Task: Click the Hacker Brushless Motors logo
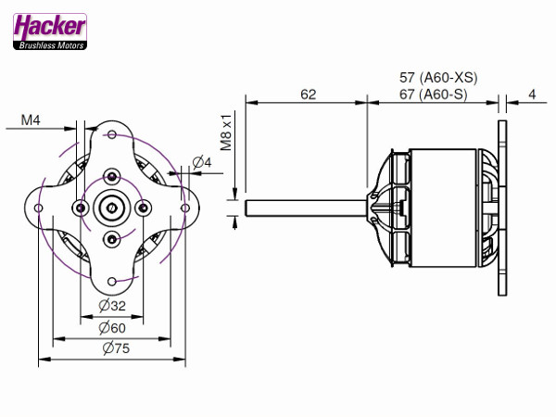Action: [x=50, y=32]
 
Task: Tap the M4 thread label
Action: [x=31, y=120]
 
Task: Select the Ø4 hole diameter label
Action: [x=202, y=162]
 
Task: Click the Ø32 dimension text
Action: [x=112, y=305]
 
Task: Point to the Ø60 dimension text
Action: [x=112, y=328]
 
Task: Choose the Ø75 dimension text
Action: [x=117, y=348]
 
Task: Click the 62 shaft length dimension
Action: [x=309, y=95]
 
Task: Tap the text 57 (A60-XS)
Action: [x=438, y=78]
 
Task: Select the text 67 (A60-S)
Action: [x=434, y=95]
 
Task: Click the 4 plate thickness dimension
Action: [x=532, y=95]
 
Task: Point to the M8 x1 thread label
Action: [x=226, y=133]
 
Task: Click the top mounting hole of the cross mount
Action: [x=112, y=134]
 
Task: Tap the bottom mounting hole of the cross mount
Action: [x=112, y=282]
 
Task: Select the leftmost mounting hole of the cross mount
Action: [x=38, y=208]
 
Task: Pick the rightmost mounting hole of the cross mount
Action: [x=185, y=208]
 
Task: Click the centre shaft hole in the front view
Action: [x=112, y=208]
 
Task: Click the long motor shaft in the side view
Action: [x=307, y=208]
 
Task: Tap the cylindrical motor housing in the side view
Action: [x=443, y=208]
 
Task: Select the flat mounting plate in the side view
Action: [x=502, y=208]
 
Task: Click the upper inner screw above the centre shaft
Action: [x=112, y=177]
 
